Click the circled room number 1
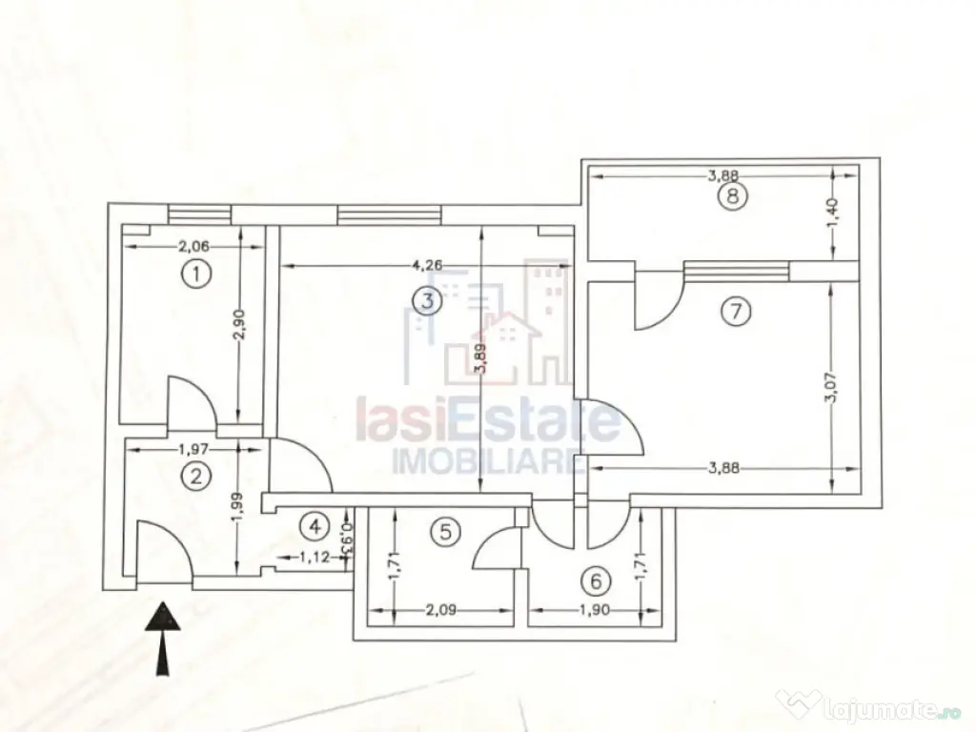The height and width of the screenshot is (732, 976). (x=195, y=275)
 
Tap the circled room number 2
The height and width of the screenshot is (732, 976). (x=195, y=477)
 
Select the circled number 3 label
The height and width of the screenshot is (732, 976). (x=427, y=302)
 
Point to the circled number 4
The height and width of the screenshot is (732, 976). (x=315, y=525)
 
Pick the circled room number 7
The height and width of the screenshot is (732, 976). (x=736, y=311)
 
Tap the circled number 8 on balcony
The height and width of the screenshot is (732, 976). (x=732, y=197)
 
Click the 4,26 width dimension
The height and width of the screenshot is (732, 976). (x=428, y=265)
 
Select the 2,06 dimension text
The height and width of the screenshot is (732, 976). (x=194, y=246)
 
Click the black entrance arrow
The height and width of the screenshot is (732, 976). (x=164, y=638)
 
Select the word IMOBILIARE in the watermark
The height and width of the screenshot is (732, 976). (x=487, y=462)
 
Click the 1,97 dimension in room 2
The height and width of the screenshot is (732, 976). (x=194, y=448)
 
